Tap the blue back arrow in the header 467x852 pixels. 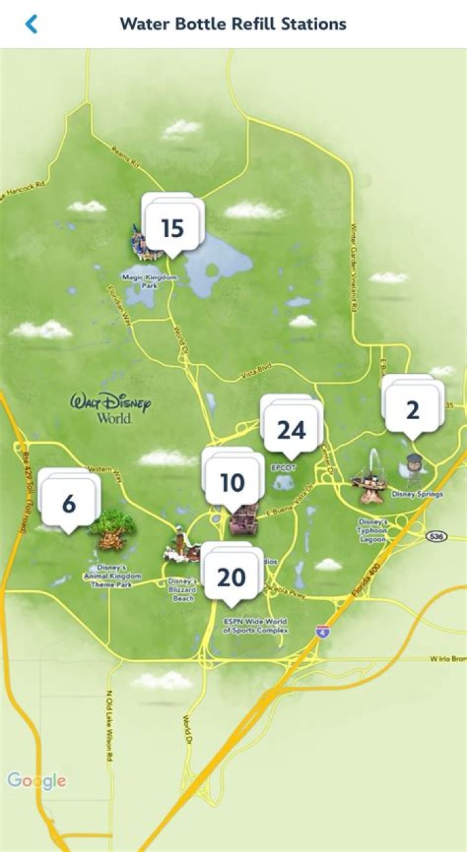click(31, 25)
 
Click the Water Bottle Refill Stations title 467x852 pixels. click(233, 25)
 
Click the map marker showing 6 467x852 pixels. click(69, 503)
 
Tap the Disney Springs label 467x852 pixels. click(417, 495)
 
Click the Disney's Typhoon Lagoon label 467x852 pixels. click(374, 531)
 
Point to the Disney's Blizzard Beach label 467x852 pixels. click(183, 590)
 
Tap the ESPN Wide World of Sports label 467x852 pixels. click(256, 625)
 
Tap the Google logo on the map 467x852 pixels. click(37, 781)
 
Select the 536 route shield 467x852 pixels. click(437, 536)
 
